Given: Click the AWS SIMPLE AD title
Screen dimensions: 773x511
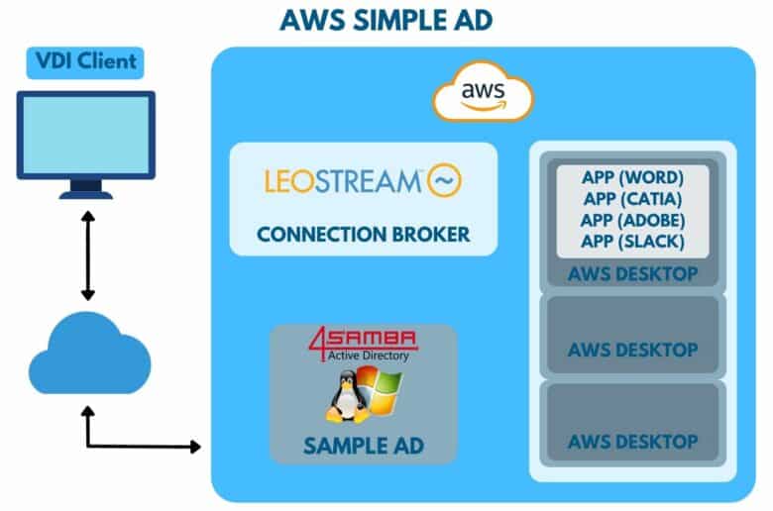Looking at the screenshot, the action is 386,20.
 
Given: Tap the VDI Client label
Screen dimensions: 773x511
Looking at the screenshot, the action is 86,61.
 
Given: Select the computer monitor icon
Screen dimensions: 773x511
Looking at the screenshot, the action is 86,145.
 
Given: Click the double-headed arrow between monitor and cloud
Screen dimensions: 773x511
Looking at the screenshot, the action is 88,255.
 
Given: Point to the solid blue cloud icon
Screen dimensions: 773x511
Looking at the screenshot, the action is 90,353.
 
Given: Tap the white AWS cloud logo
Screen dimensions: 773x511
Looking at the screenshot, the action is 484,91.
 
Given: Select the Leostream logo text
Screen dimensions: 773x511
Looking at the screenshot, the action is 343,181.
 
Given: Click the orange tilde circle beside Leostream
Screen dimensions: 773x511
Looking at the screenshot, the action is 444,180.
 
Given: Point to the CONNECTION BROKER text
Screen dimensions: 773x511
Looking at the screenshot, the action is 364,234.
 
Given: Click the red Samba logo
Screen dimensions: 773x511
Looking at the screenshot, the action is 364,339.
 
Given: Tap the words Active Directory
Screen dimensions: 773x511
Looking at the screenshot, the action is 369,356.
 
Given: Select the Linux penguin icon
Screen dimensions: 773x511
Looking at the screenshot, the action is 348,397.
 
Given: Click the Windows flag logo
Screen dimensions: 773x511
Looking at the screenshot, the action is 380,392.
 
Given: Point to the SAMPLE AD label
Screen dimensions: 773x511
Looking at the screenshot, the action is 364,446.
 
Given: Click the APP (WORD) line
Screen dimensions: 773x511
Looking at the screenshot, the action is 632,177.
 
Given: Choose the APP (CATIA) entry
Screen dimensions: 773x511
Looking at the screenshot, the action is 632,199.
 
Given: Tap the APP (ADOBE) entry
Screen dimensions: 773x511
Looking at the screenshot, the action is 632,220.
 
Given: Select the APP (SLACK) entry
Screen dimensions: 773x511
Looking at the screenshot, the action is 632,241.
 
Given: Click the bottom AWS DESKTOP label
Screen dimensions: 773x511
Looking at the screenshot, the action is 632,442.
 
